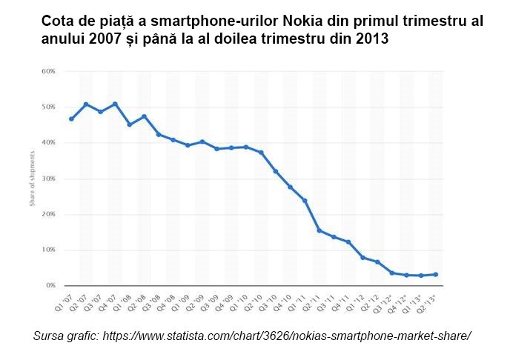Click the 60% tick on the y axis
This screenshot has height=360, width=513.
click(x=49, y=71)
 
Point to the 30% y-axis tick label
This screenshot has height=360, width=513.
click(x=49, y=179)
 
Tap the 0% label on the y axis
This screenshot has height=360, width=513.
click(x=50, y=285)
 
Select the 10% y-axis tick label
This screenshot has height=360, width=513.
click(x=49, y=250)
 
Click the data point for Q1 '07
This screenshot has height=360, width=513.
click(x=71, y=119)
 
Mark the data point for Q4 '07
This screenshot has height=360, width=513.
click(x=115, y=104)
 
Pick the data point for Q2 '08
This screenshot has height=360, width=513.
click(x=144, y=116)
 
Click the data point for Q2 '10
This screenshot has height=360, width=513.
click(x=261, y=153)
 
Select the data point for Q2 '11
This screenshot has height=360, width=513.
click(x=319, y=230)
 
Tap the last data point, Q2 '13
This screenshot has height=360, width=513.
click(x=435, y=274)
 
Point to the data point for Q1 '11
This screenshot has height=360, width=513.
click(x=305, y=200)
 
